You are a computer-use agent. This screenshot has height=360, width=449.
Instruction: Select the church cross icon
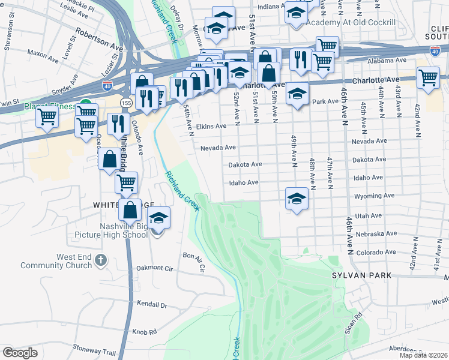tap(101, 261)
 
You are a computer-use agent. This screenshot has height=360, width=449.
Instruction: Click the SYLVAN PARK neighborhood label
tap(361, 275)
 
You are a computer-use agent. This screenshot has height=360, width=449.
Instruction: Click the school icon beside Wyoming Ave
tap(297, 199)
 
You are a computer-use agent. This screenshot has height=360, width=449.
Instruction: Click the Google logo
tap(20, 352)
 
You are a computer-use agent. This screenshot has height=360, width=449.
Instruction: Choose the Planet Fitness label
tap(50, 107)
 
